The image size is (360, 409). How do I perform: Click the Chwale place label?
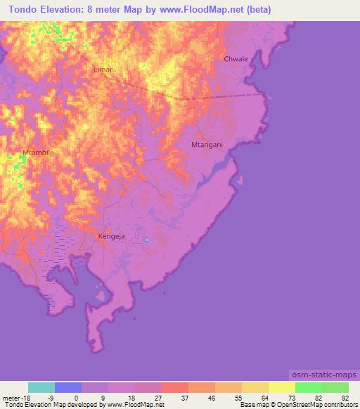[236, 59]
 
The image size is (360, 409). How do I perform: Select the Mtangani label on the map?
[207, 145]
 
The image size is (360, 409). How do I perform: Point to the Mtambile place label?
[38, 152]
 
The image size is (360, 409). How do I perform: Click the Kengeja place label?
[112, 236]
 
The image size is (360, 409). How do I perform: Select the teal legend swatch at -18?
[41, 387]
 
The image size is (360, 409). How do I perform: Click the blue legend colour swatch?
[68, 387]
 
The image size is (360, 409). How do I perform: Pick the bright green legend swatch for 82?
[309, 387]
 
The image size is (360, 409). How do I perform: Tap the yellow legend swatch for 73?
[282, 387]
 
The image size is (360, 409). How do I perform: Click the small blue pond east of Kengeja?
[146, 241]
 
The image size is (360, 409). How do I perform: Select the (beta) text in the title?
[257, 10]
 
